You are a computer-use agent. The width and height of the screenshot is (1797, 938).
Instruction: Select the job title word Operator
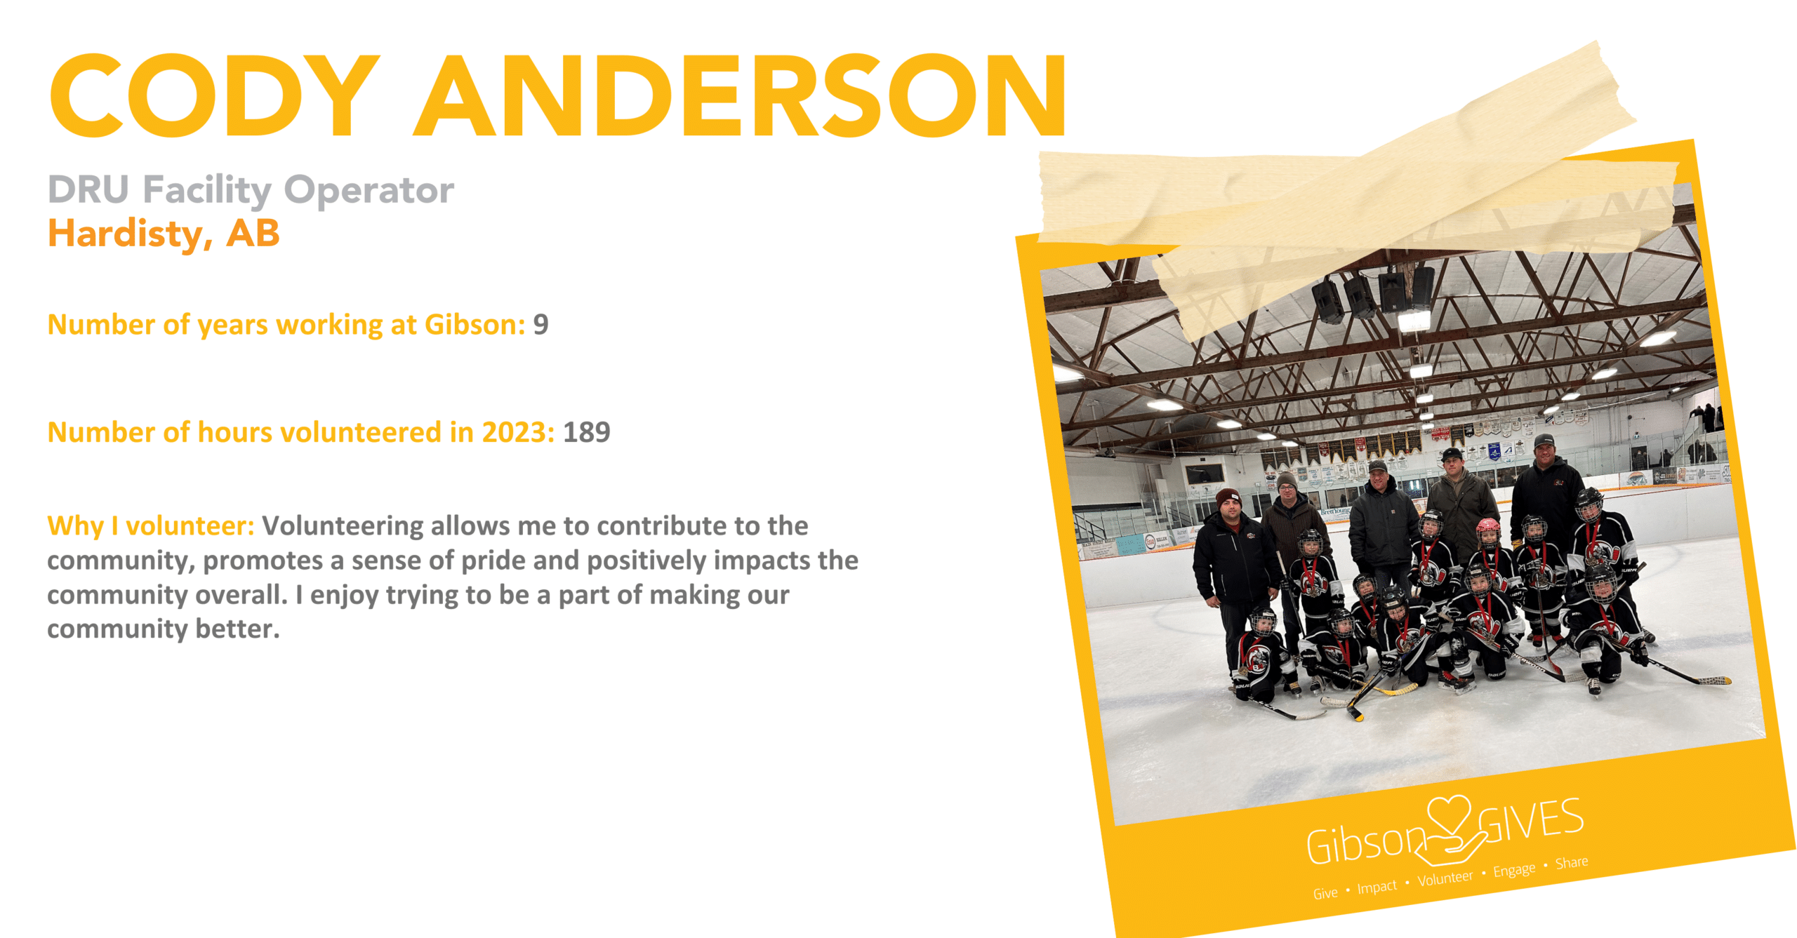(x=369, y=191)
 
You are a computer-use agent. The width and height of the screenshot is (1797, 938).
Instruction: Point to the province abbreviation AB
(x=253, y=233)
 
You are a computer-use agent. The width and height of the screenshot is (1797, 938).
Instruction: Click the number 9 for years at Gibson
(x=541, y=325)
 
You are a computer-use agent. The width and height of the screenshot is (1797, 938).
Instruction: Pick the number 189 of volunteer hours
(x=587, y=432)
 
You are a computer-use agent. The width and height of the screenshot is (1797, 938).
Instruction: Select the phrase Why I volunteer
(x=150, y=526)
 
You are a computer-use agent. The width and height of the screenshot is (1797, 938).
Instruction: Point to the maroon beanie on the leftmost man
(x=1228, y=497)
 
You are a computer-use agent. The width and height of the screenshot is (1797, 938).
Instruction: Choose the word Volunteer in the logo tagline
(x=1445, y=878)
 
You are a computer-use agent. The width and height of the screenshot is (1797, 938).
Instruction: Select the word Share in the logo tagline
(x=1571, y=862)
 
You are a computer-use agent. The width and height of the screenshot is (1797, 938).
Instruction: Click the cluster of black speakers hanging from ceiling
(x=1372, y=293)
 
